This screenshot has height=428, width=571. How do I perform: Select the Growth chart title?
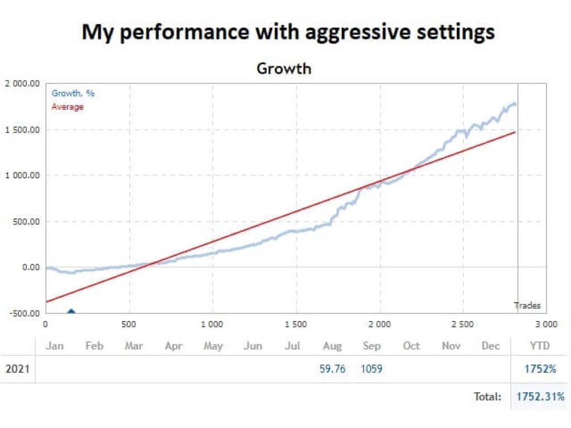[284, 69]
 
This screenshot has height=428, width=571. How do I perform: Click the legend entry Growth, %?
[73, 93]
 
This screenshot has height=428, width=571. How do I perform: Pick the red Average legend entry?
[67, 106]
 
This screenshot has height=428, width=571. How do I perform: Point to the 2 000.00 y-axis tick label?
[22, 84]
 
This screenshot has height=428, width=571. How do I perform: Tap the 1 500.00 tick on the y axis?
[22, 130]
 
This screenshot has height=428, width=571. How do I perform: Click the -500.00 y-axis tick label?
[24, 313]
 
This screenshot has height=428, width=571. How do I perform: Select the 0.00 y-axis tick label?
[30, 267]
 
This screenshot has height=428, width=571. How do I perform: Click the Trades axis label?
[527, 305]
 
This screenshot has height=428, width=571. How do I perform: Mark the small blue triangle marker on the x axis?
[71, 312]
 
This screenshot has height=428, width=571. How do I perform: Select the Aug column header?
[332, 346]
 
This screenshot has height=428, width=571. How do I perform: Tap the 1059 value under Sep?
[371, 368]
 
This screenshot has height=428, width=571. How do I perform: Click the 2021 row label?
[18, 369]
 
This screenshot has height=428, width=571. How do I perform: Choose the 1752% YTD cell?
[540, 368]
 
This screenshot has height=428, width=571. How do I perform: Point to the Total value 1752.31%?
[540, 397]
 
